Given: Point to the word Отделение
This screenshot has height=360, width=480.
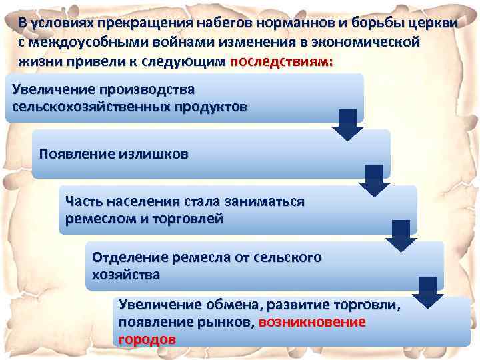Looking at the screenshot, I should coord(129,257).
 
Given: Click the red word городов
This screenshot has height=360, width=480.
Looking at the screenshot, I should coord(147,339).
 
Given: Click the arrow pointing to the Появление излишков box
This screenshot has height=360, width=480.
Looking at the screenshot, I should coord(347,125).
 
